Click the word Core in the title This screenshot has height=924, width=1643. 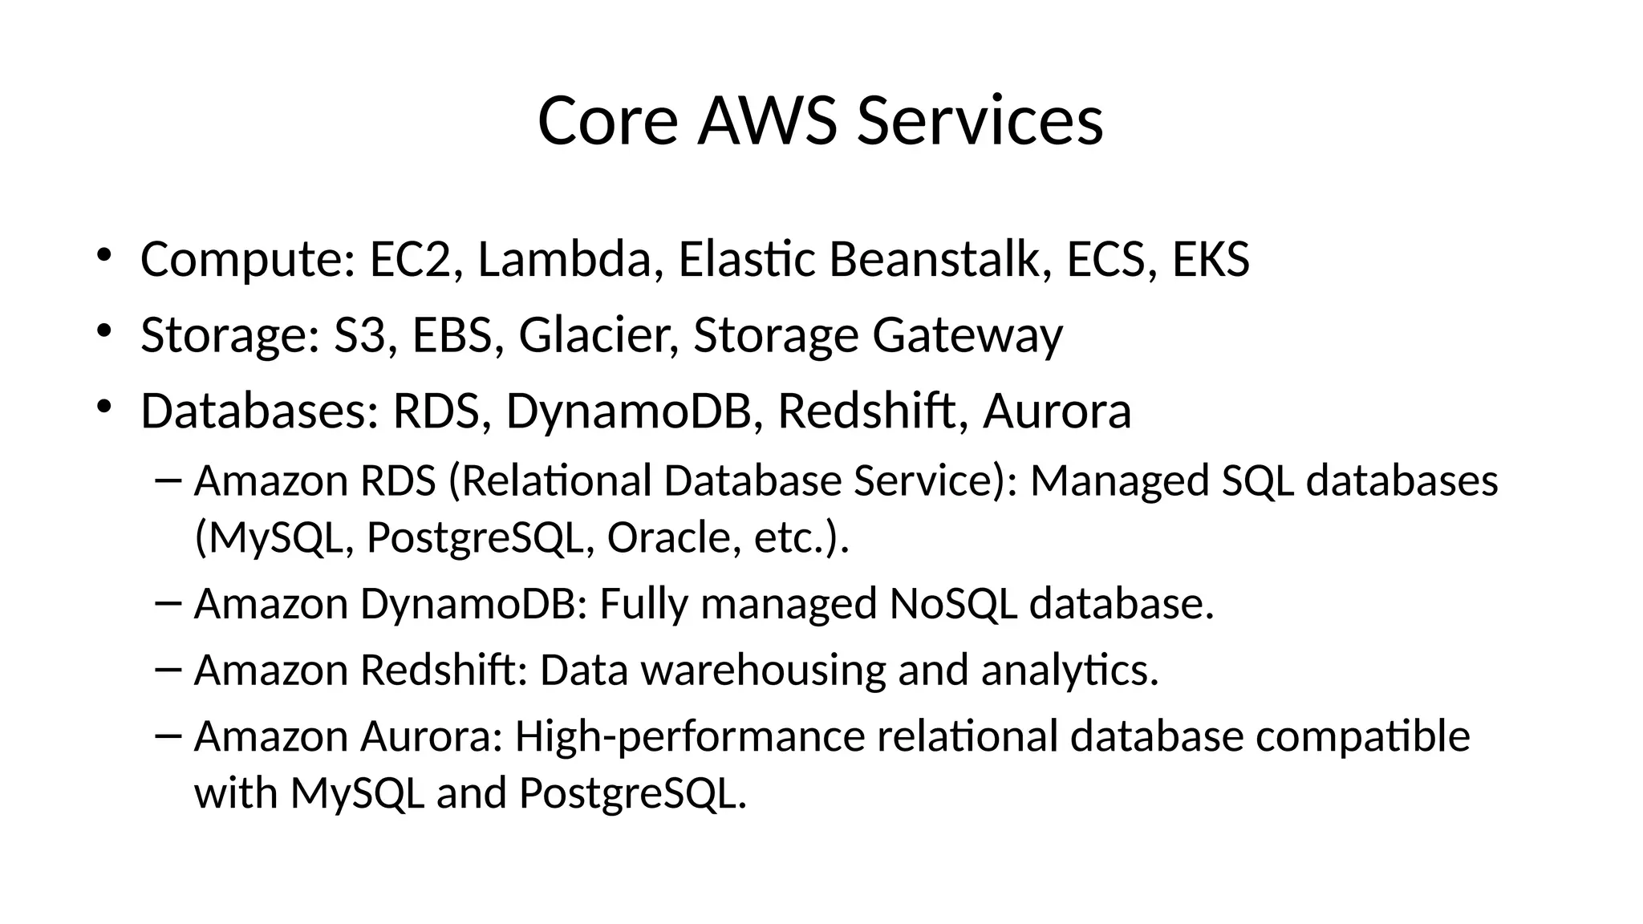tap(607, 121)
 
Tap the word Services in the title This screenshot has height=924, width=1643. tap(980, 121)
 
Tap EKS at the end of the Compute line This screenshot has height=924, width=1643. tap(1211, 259)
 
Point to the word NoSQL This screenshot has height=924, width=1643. tap(953, 603)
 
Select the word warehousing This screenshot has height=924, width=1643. tap(763, 670)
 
